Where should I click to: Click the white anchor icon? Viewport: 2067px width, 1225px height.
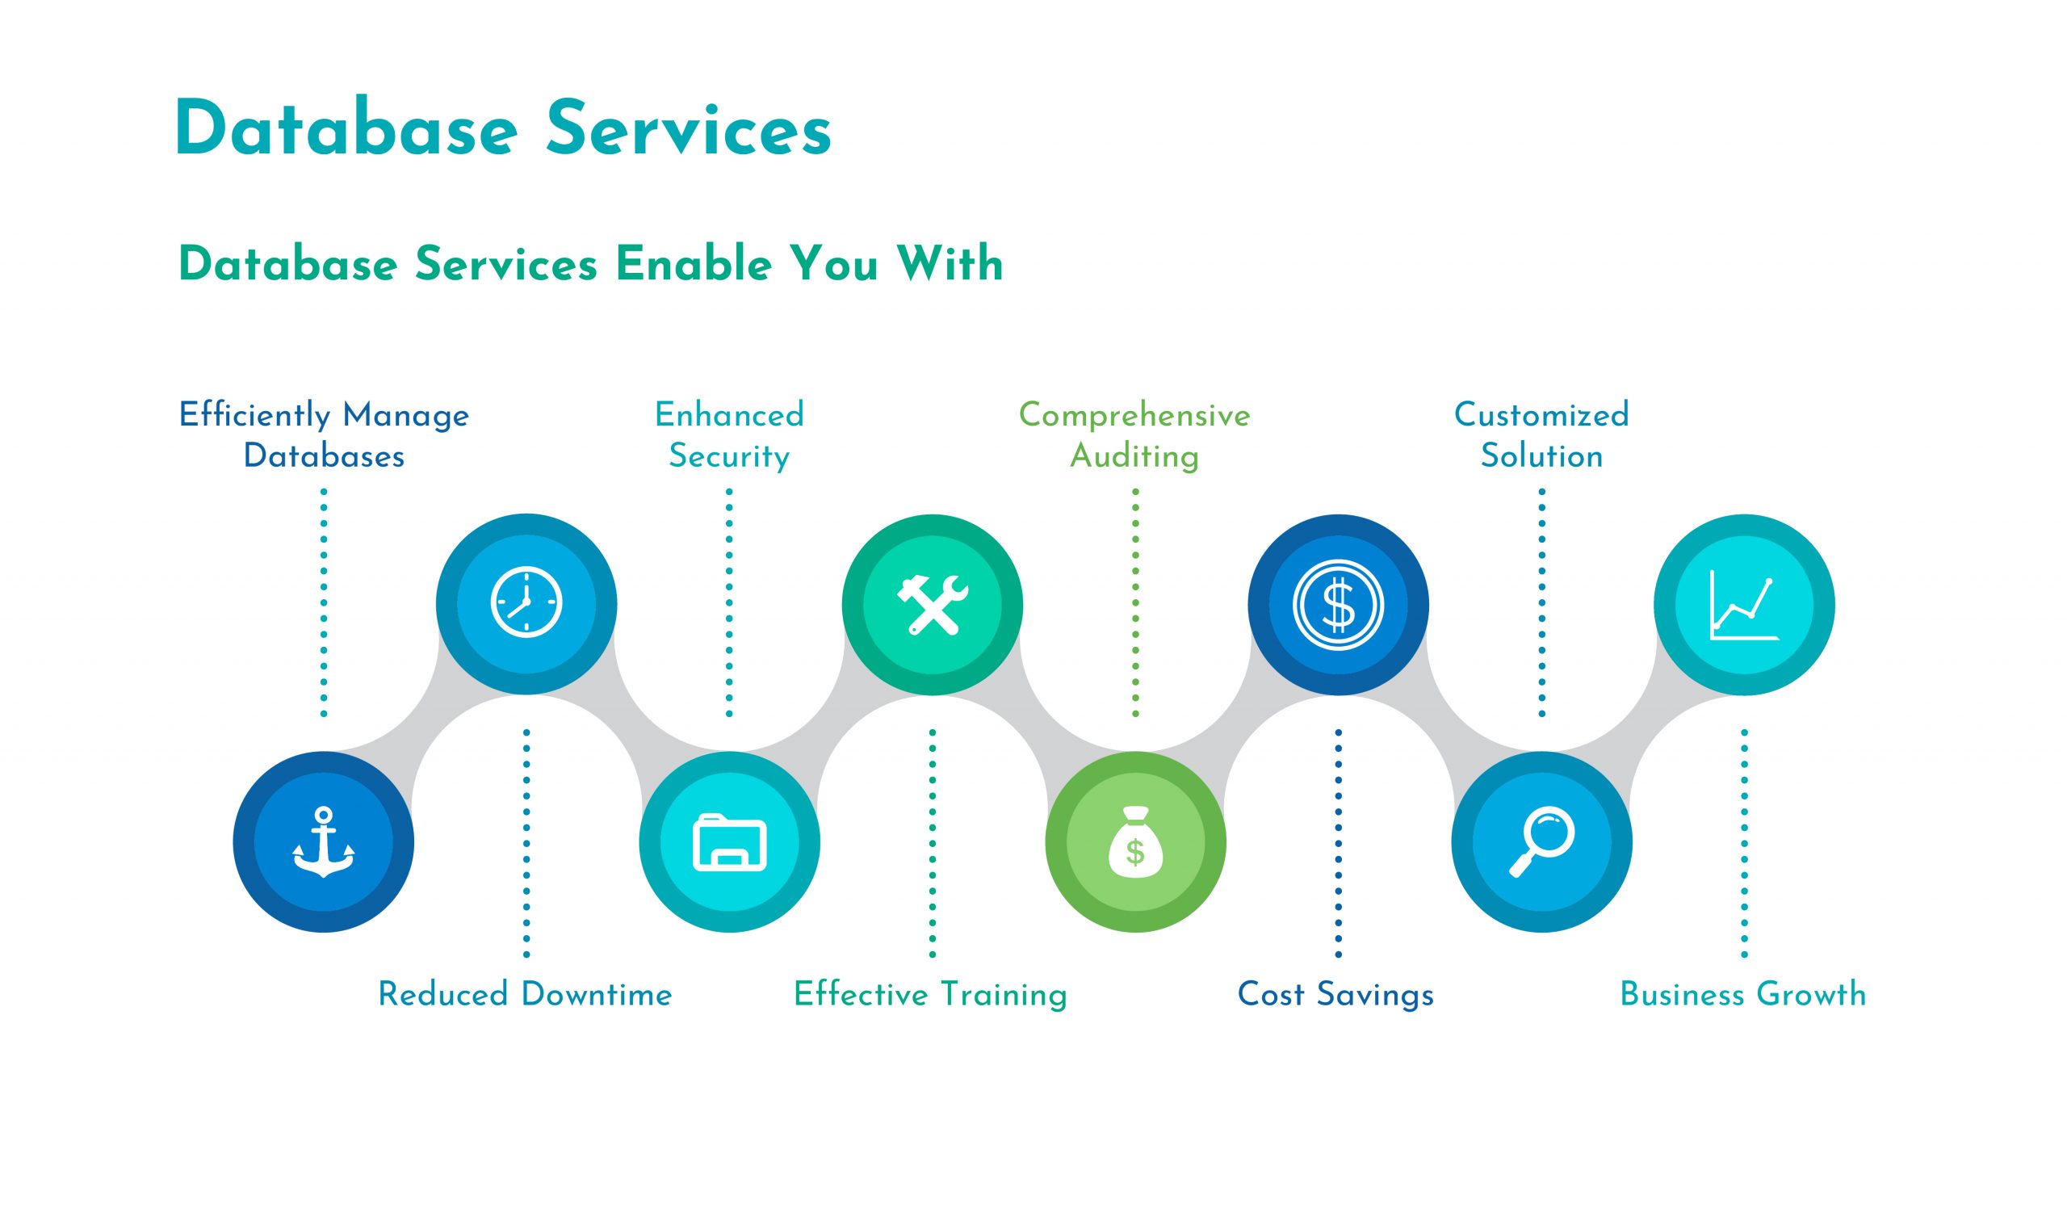[x=324, y=842]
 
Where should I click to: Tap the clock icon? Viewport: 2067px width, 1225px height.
[x=526, y=603]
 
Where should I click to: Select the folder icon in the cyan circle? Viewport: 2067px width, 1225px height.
[x=729, y=842]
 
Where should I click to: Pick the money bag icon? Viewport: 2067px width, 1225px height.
[x=1135, y=842]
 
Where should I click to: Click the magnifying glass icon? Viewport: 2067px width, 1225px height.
[x=1541, y=842]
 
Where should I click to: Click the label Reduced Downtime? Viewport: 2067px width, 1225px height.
[x=525, y=995]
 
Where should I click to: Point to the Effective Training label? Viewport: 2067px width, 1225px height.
[x=930, y=995]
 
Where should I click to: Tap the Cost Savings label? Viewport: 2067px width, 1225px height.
[x=1335, y=995]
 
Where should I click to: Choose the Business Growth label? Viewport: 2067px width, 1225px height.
[x=1742, y=995]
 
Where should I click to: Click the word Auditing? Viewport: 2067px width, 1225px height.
[x=1134, y=456]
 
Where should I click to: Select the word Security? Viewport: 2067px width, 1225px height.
[x=728, y=456]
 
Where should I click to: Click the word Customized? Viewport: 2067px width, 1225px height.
[x=1541, y=414]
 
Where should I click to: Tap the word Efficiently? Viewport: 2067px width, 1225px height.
[x=254, y=415]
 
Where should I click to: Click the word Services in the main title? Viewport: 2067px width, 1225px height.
[x=688, y=129]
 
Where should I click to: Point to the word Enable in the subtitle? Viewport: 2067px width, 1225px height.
[x=694, y=264]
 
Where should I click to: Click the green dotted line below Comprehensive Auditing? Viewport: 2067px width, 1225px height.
[x=1135, y=602]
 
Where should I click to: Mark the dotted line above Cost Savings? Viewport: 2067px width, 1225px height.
[x=1338, y=842]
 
